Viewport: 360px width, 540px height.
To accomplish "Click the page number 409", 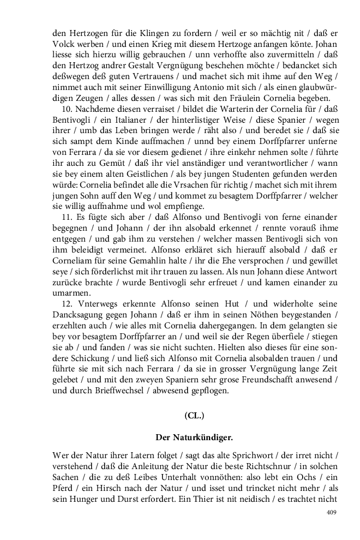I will pos(331,512).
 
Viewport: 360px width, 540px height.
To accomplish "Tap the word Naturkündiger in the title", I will pos(209,436).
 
